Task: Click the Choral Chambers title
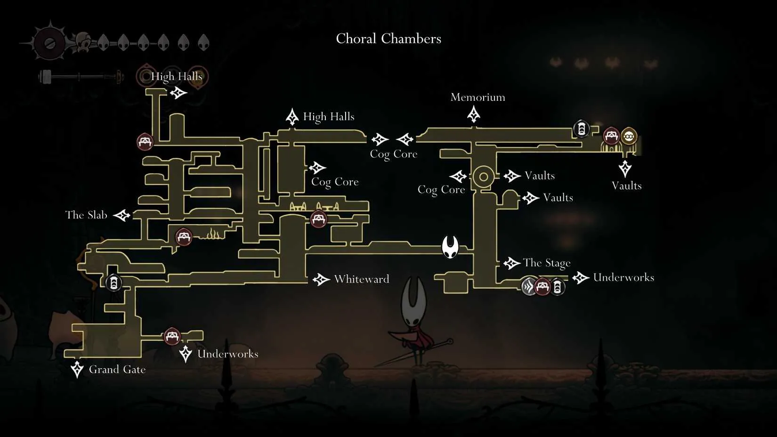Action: (x=388, y=39)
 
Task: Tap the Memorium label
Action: (x=478, y=97)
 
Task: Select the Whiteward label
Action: (x=362, y=279)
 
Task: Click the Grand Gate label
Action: (x=117, y=369)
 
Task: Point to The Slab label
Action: (x=86, y=215)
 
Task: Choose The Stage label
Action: (x=547, y=263)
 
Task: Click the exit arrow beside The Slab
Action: (x=122, y=215)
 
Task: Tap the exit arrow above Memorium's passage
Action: (x=473, y=114)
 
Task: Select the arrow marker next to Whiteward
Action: (x=321, y=279)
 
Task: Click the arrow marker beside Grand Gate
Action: (x=77, y=369)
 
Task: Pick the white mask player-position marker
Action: (x=450, y=247)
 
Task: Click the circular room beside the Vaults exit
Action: (x=483, y=177)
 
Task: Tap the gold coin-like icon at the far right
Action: (x=629, y=136)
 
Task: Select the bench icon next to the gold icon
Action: (x=611, y=136)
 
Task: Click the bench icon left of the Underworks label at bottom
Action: (x=172, y=336)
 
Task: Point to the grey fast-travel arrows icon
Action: (x=529, y=287)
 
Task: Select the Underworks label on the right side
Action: (x=623, y=277)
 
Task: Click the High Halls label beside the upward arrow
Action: (x=329, y=116)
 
